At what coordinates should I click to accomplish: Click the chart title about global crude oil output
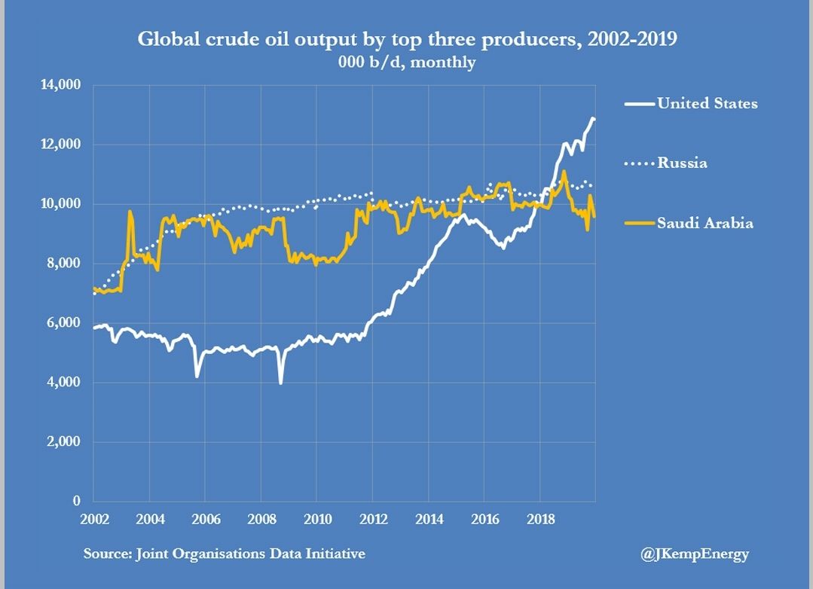[x=407, y=38]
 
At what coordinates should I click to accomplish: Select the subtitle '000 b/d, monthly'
[x=407, y=62]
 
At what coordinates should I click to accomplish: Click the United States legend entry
[x=707, y=103]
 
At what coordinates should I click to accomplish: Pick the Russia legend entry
[x=682, y=163]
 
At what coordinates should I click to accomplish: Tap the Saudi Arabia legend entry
[x=704, y=222]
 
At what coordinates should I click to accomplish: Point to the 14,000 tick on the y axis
[x=60, y=85]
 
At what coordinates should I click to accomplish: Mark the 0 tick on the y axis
[x=76, y=501]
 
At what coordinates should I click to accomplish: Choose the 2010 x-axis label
[x=316, y=520]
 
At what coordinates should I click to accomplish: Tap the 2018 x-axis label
[x=539, y=520]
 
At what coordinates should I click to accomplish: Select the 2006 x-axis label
[x=205, y=520]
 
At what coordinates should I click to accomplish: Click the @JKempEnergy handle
[x=695, y=554]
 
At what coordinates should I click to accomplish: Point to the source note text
[x=225, y=554]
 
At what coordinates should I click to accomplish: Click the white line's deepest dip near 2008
[x=281, y=383]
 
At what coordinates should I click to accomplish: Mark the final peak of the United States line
[x=593, y=118]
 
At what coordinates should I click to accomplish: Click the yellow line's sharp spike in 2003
[x=130, y=212]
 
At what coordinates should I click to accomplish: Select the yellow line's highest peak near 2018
[x=564, y=172]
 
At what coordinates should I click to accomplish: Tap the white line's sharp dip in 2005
[x=197, y=376]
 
